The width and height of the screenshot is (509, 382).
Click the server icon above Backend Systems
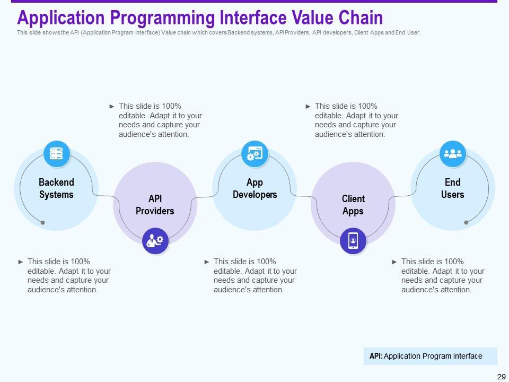[x=57, y=154]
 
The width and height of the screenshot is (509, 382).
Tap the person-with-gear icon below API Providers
[x=155, y=241]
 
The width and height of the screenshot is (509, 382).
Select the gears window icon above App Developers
[x=254, y=154]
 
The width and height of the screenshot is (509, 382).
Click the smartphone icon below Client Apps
[x=353, y=241]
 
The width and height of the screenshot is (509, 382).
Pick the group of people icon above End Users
[x=452, y=154]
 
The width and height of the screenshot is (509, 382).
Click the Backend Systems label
[x=57, y=188]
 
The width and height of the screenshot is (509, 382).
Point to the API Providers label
[x=155, y=205]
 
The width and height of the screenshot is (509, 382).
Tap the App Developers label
[x=255, y=188]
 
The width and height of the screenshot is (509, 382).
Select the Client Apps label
[x=353, y=205]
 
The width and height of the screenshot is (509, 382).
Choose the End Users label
[x=452, y=188]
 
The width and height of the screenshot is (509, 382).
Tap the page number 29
[x=501, y=377]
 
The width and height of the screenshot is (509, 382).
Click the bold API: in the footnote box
[x=376, y=356]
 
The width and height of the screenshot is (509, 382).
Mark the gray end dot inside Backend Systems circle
[x=42, y=222]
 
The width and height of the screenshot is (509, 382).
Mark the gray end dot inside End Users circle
[x=466, y=222]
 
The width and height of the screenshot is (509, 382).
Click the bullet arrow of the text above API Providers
[x=112, y=106]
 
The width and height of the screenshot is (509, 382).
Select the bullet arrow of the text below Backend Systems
[x=21, y=262]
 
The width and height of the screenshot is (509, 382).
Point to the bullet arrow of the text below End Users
[x=394, y=262]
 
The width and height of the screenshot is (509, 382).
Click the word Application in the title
[x=61, y=18]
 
